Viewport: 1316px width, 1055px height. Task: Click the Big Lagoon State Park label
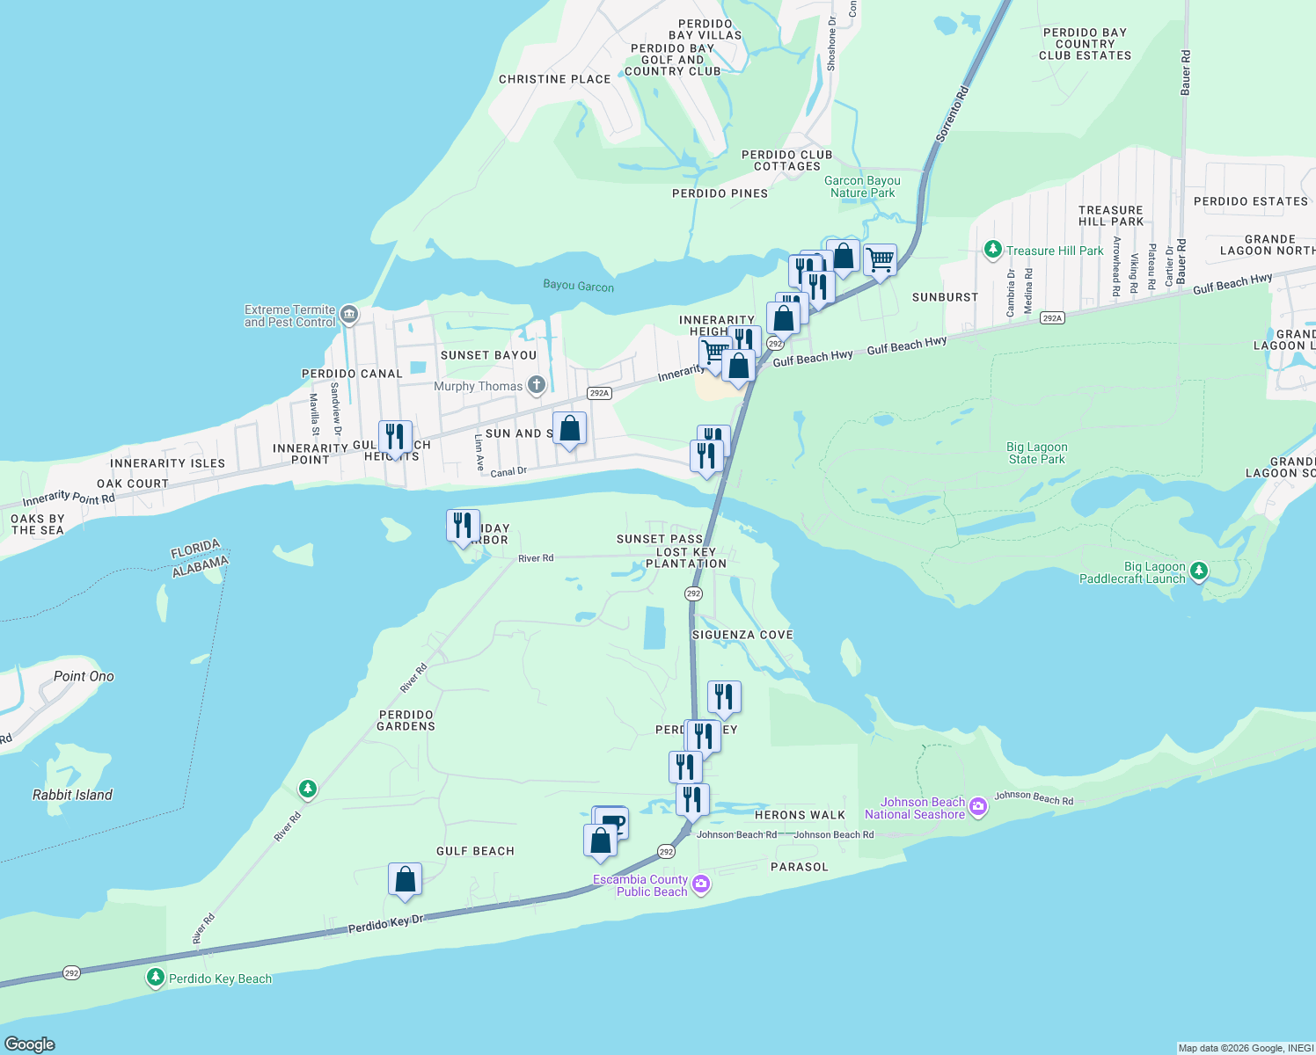pyautogui.click(x=1037, y=453)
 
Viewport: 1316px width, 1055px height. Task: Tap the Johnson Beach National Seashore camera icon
pyautogui.click(x=978, y=807)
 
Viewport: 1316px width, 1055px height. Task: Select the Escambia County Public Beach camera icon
pyautogui.click(x=701, y=884)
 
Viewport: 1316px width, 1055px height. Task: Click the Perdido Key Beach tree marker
pyautogui.click(x=156, y=978)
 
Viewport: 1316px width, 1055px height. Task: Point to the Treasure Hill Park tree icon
pyautogui.click(x=993, y=251)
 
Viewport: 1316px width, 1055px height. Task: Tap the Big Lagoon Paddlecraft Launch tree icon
pyautogui.click(x=1198, y=572)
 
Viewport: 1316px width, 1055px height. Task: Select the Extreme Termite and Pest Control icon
pyautogui.click(x=349, y=314)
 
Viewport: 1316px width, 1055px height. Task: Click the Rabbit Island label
pyautogui.click(x=72, y=795)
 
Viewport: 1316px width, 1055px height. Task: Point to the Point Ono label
pyautogui.click(x=84, y=676)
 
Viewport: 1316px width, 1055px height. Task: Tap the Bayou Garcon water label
pyautogui.click(x=578, y=286)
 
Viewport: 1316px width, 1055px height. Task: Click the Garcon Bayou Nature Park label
pyautogui.click(x=862, y=186)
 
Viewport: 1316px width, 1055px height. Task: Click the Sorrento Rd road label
pyautogui.click(x=952, y=113)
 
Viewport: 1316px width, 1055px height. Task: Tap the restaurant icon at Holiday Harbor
pyautogui.click(x=463, y=526)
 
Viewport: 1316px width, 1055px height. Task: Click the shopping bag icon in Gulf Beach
pyautogui.click(x=405, y=879)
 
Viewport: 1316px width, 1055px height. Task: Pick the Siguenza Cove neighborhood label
pyautogui.click(x=742, y=635)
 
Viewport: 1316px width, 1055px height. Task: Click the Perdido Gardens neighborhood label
pyautogui.click(x=406, y=720)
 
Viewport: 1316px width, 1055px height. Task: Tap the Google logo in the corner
pyautogui.click(x=30, y=1044)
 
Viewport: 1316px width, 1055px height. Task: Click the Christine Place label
pyautogui.click(x=554, y=79)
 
